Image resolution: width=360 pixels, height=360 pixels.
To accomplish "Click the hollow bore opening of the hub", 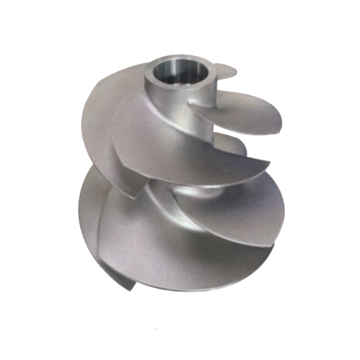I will (x=180, y=68).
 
